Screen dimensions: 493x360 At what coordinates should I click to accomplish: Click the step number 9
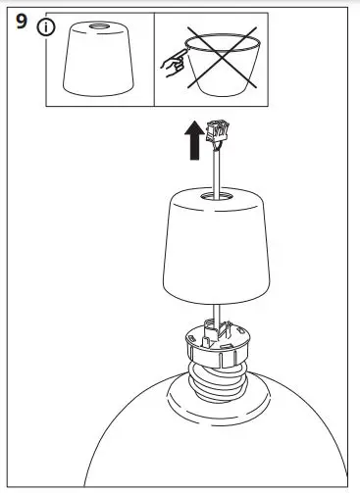pos(22,24)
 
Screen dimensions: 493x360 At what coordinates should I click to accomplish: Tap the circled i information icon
pos(43,26)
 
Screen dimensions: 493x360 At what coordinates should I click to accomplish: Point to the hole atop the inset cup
pos(100,24)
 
